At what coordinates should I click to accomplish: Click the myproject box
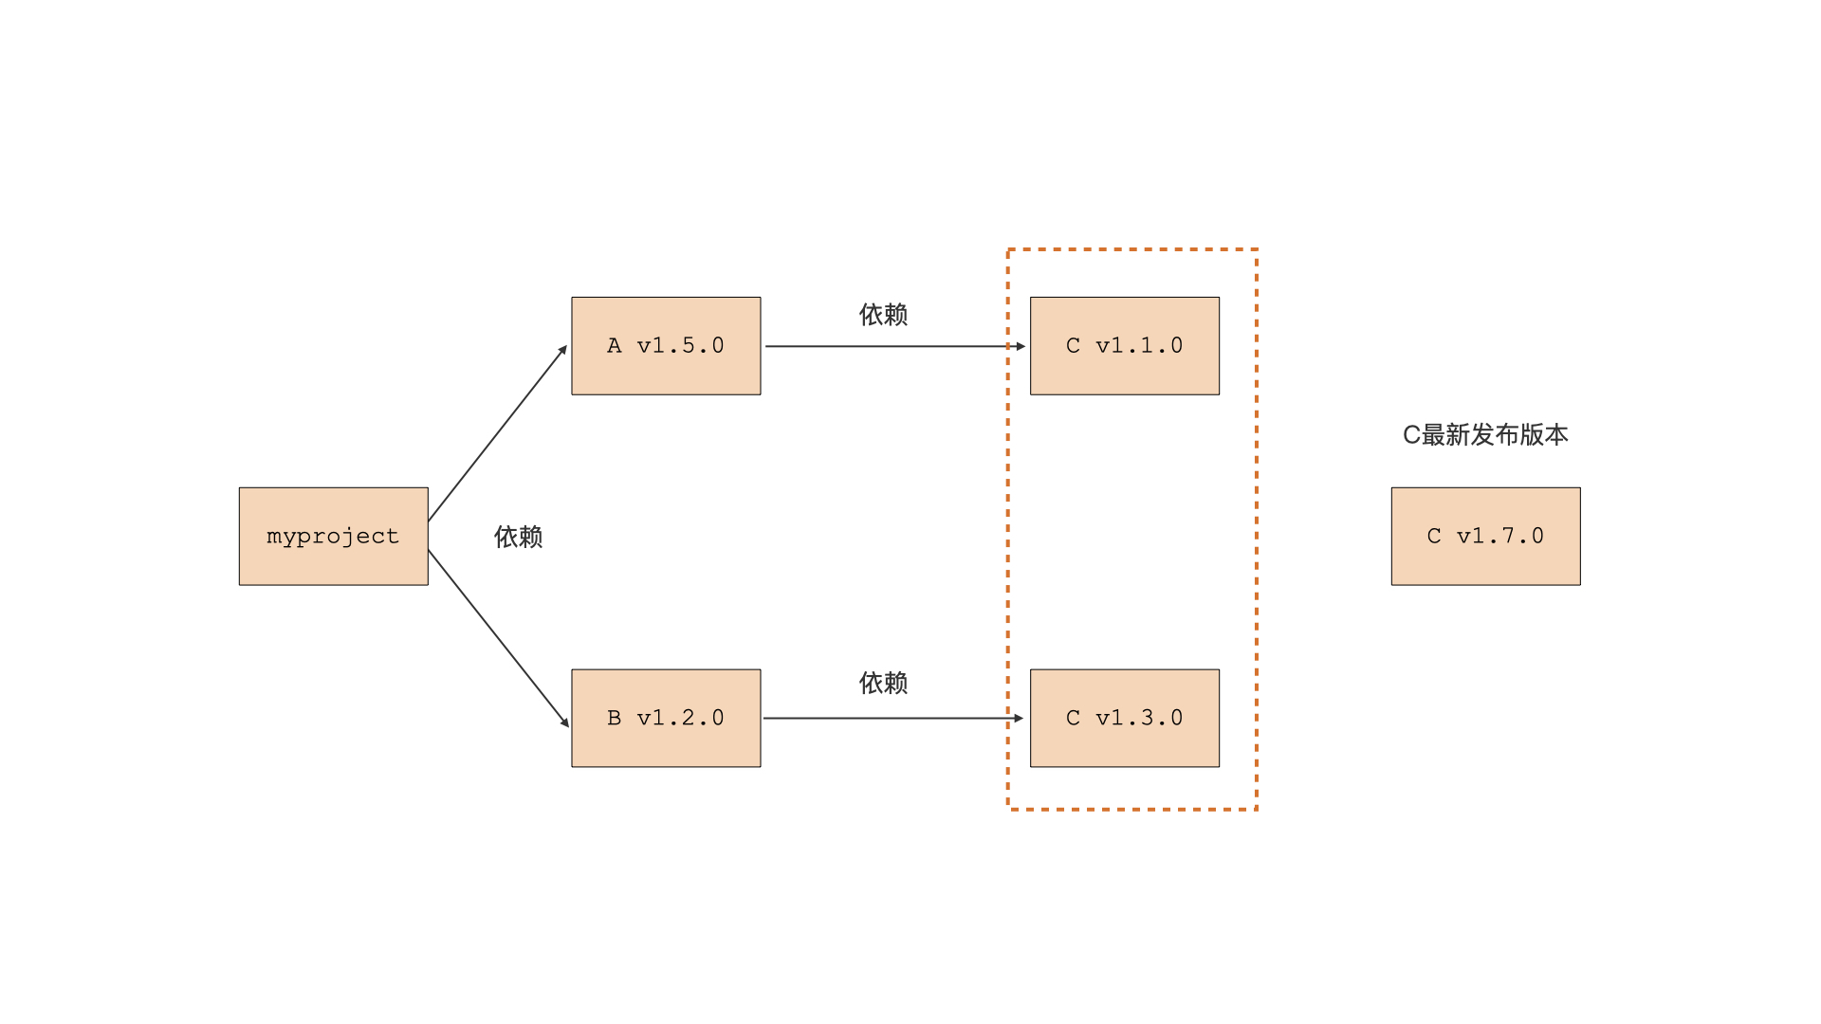333,536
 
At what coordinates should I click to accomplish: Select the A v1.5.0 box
666,345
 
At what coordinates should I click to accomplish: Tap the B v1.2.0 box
666,718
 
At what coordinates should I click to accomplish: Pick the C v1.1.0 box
1124,345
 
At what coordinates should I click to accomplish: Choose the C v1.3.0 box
1124,718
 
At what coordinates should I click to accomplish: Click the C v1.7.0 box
1485,536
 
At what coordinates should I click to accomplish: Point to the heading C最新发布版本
1485,434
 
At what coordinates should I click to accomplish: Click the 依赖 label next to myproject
518,537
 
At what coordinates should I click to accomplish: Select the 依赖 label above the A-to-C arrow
883,315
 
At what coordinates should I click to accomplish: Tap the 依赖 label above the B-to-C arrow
883,683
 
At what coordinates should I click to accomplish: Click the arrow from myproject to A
497,434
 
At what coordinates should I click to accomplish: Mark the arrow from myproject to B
497,637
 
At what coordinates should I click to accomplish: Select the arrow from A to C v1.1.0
892,346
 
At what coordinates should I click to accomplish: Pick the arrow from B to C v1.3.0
892,718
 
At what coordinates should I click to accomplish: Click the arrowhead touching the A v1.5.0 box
562,350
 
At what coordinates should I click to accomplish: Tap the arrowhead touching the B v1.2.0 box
564,722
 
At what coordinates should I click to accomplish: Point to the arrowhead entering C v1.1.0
1021,346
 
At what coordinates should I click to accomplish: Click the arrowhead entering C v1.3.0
1019,718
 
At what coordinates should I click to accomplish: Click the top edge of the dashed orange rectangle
1132,249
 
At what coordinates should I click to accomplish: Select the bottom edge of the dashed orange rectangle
1132,809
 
